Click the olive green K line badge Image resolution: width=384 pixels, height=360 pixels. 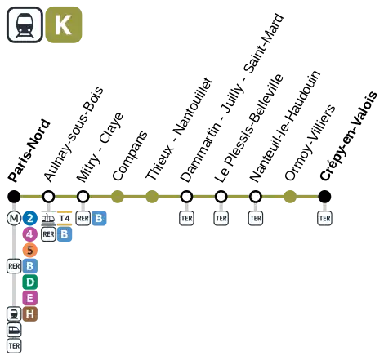click(x=64, y=24)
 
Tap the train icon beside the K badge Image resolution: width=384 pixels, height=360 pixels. click(x=25, y=24)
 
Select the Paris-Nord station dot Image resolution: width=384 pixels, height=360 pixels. click(x=14, y=197)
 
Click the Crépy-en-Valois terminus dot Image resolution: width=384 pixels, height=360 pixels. click(x=324, y=197)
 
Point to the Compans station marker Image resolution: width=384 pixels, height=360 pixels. click(x=118, y=197)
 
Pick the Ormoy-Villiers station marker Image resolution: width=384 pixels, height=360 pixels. click(x=290, y=197)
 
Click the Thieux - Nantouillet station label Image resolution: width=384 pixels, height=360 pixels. click(x=179, y=129)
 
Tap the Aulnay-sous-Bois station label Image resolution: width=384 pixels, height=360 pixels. click(x=74, y=135)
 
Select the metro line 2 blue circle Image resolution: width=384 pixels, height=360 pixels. click(x=30, y=218)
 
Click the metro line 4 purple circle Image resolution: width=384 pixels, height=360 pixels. click(x=30, y=234)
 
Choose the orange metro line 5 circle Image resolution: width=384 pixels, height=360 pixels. click(x=30, y=250)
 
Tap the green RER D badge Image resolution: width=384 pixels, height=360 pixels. click(x=30, y=282)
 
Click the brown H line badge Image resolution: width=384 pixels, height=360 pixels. click(x=30, y=314)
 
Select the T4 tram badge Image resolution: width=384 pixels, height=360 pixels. click(x=65, y=218)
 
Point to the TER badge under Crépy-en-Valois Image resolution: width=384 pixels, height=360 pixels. click(x=324, y=218)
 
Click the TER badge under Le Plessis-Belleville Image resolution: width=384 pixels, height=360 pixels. click(x=221, y=218)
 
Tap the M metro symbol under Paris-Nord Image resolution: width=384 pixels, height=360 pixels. click(x=14, y=218)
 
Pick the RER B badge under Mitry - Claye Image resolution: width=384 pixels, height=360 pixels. click(x=99, y=218)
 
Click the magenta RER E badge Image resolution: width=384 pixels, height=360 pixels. click(x=30, y=298)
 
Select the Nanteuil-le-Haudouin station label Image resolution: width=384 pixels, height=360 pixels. click(x=284, y=127)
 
